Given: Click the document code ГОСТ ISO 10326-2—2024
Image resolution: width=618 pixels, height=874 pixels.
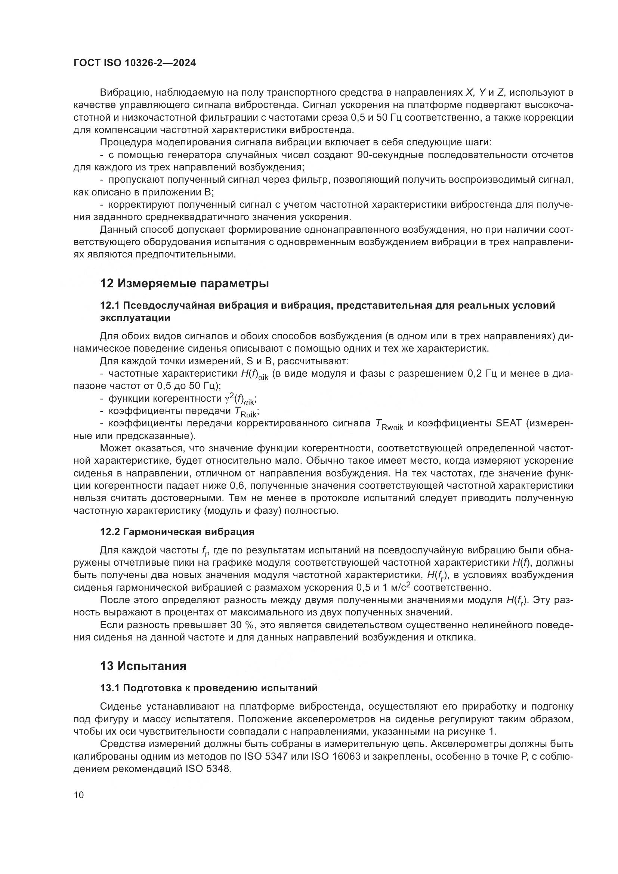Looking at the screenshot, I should [135, 63].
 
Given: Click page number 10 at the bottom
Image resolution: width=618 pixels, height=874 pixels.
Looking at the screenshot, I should [79, 795].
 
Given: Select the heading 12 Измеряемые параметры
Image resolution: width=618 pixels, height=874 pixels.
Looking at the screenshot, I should [184, 284].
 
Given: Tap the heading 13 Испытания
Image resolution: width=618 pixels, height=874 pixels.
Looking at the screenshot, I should [143, 666].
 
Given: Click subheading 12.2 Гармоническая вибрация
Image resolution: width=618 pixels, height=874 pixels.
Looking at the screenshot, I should [177, 532].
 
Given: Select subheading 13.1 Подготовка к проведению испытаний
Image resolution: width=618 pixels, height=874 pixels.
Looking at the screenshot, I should [208, 688].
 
